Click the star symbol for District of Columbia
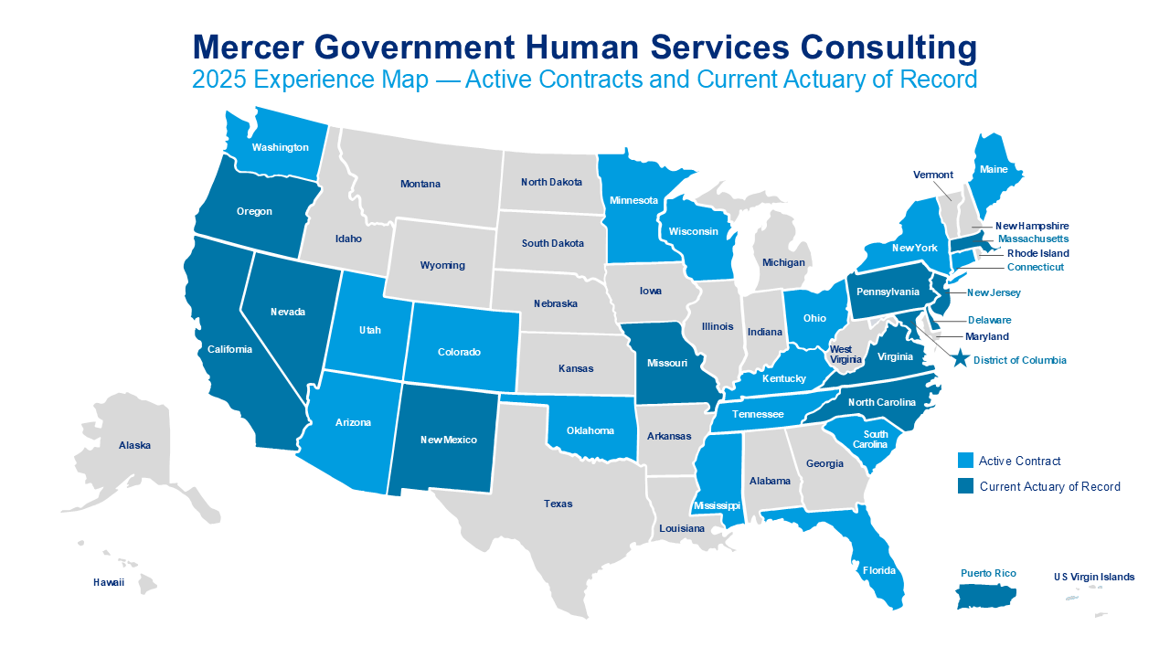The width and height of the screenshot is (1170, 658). [x=960, y=359]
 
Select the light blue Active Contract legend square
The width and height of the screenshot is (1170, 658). [x=965, y=461]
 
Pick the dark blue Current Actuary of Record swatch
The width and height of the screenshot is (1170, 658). [x=965, y=486]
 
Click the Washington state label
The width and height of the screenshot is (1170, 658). [x=280, y=147]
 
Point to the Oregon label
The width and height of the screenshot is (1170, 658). [x=254, y=211]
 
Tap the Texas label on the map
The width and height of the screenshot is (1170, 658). [x=558, y=504]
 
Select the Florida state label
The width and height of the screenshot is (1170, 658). [x=878, y=570]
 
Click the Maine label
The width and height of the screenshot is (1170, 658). [x=994, y=169]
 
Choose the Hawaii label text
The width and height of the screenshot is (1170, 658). [x=109, y=582]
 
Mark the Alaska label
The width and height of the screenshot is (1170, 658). [x=134, y=445]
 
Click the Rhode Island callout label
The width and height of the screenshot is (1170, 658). [x=1037, y=253]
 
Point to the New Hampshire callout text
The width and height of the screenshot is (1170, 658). [x=1032, y=226]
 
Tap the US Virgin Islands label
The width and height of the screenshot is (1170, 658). [x=1093, y=577]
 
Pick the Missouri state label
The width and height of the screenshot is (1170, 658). [x=666, y=363]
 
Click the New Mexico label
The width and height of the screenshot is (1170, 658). [x=448, y=440]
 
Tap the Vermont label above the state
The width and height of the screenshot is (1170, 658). [x=933, y=175]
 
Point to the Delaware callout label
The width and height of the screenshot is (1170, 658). [x=990, y=320]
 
